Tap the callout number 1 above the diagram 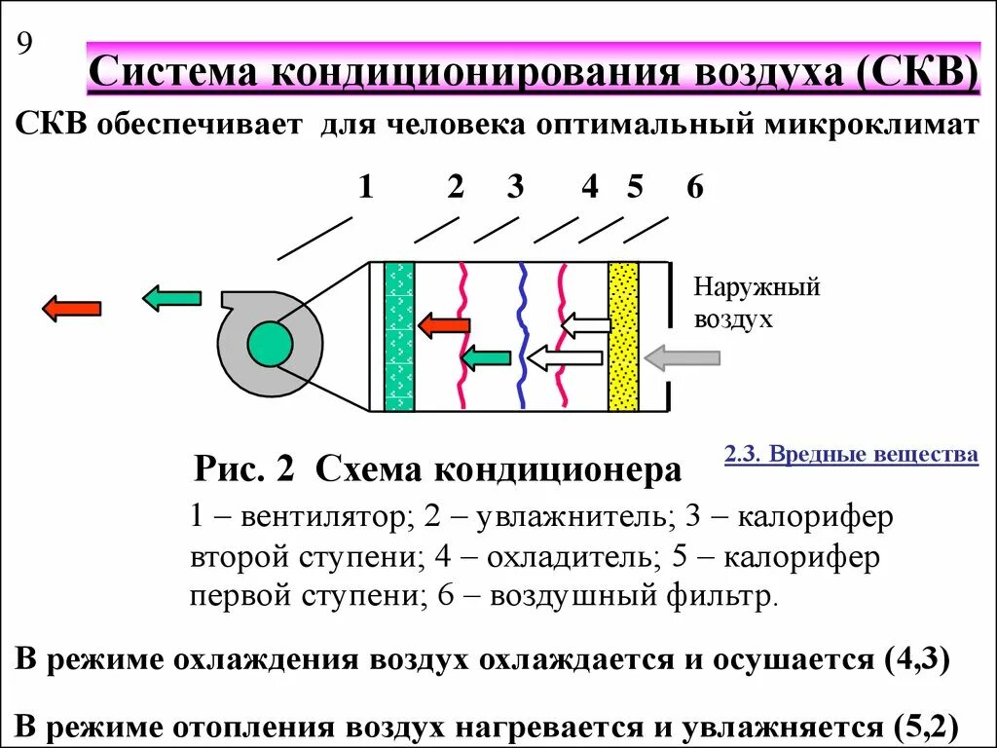365,186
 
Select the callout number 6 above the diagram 693,186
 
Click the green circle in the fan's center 270,343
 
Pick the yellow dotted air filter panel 622,336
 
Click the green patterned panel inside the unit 399,336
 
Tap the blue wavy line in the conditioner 523,336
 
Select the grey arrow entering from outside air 683,357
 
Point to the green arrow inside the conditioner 485,358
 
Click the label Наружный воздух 757,302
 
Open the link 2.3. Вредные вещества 851,455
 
